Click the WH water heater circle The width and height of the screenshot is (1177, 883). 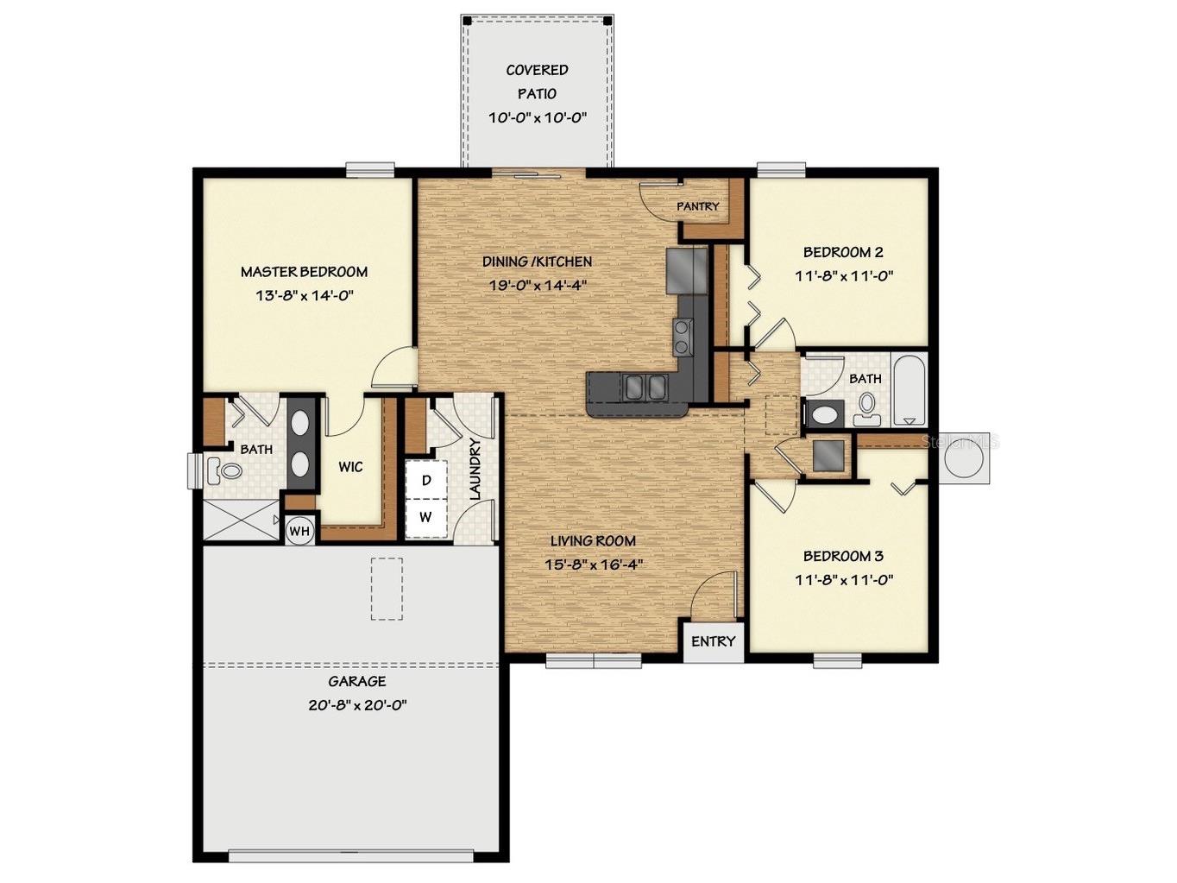(299, 530)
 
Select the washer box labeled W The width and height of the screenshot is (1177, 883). (425, 517)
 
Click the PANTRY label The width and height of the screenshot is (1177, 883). (697, 206)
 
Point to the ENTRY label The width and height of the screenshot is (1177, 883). (713, 641)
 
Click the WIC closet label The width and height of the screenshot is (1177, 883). (350, 467)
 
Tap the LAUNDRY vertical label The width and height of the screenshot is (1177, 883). (475, 469)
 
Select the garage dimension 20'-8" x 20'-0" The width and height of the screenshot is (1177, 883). (357, 705)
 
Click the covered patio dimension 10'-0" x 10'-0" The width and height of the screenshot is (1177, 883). (538, 117)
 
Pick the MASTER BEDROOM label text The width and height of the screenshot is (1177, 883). (304, 272)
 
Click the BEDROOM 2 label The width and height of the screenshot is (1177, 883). (843, 252)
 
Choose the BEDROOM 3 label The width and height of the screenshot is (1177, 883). (843, 556)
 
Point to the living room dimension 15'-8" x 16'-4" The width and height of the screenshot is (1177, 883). (594, 564)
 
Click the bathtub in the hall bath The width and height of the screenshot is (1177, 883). (910, 390)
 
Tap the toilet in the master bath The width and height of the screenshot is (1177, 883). (224, 470)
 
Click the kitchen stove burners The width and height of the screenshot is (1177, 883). (683, 336)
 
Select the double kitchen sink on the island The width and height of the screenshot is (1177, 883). (644, 386)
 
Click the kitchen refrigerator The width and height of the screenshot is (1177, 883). (687, 270)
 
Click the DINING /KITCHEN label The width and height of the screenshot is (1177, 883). (538, 262)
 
